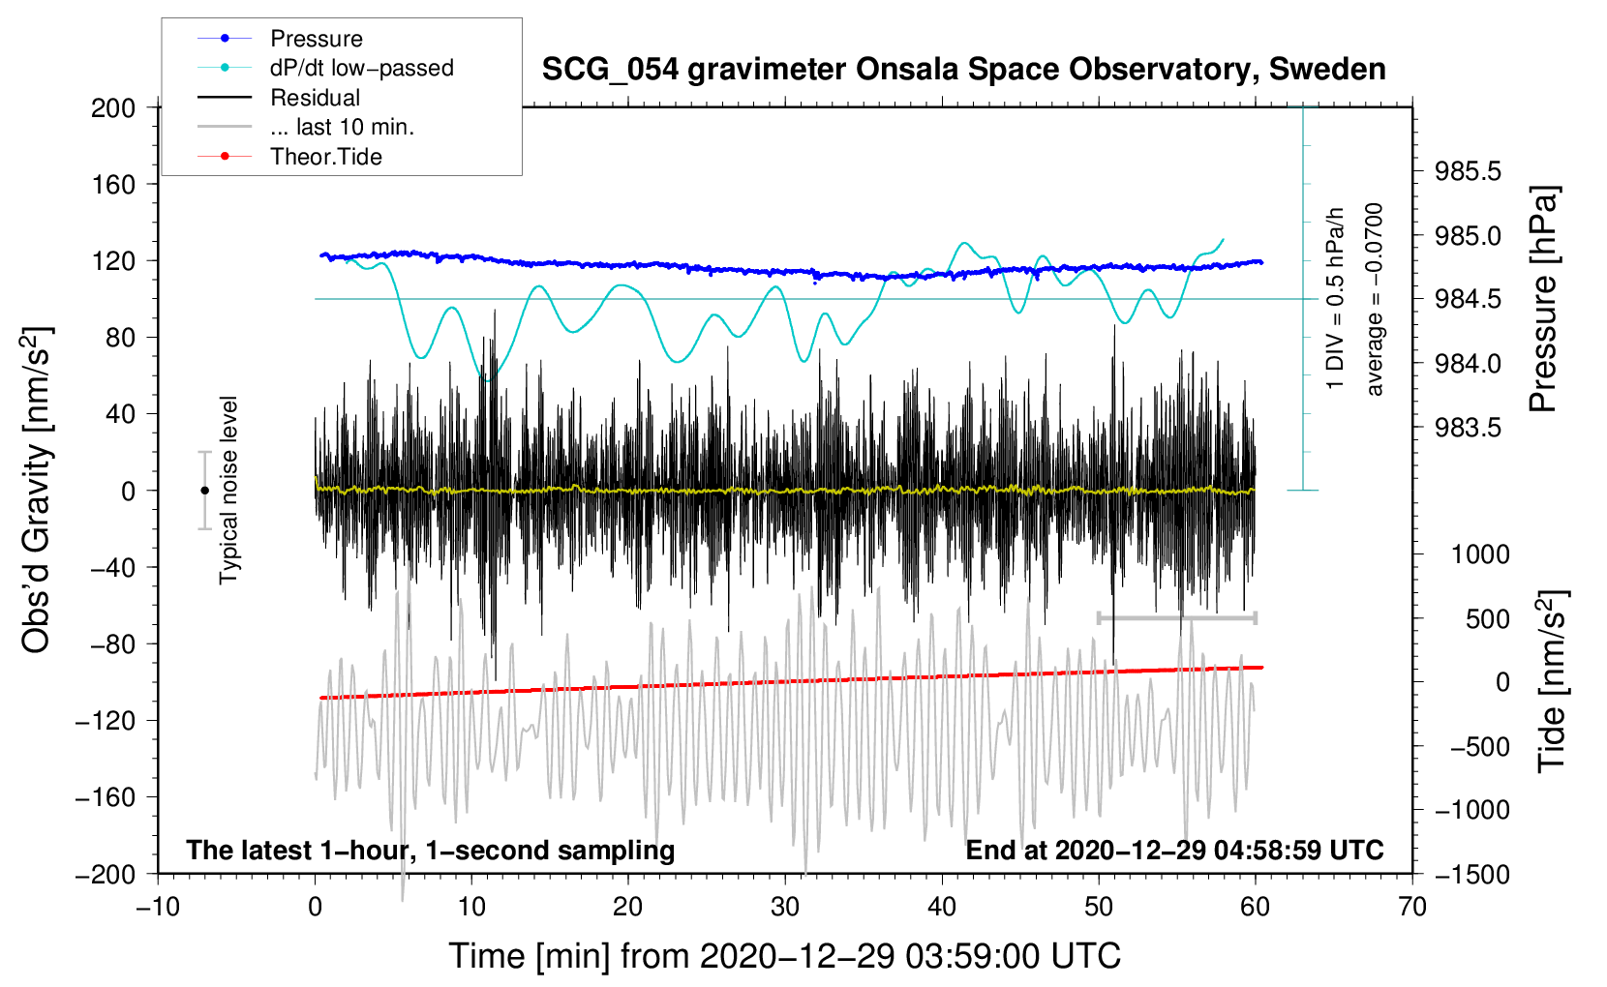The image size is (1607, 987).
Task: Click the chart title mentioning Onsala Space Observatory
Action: click(x=963, y=70)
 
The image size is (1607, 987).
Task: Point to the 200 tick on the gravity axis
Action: click(x=113, y=107)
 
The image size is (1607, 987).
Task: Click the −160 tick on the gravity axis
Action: click(x=106, y=797)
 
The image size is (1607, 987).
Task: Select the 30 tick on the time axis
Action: click(x=785, y=907)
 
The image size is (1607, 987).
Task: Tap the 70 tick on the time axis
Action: click(x=1412, y=907)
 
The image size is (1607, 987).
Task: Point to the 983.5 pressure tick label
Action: click(x=1468, y=428)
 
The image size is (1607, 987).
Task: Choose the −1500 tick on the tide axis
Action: click(x=1472, y=875)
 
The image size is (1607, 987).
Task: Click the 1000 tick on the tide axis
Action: click(x=1480, y=554)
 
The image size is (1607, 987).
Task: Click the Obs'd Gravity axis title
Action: click(x=37, y=490)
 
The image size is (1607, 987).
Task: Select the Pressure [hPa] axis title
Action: click(x=1544, y=299)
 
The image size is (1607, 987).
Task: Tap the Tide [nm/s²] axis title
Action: click(x=1551, y=681)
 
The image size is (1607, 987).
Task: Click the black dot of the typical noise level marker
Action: click(x=204, y=491)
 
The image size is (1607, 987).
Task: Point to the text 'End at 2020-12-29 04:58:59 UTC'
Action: click(x=1174, y=851)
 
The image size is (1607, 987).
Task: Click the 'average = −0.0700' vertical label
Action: click(x=1375, y=299)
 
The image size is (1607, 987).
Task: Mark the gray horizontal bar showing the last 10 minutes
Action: click(x=1176, y=617)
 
